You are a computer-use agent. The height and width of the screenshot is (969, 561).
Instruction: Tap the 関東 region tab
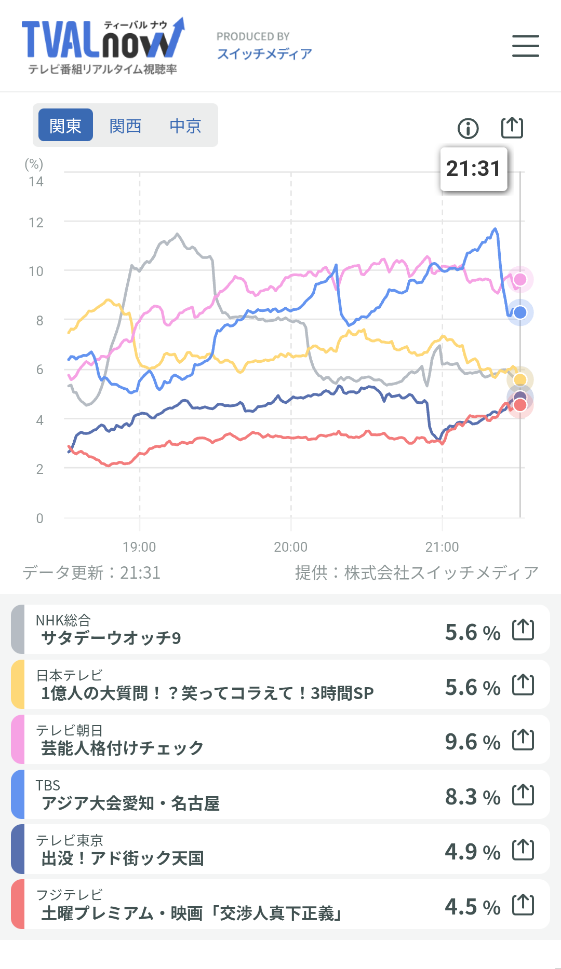coord(65,125)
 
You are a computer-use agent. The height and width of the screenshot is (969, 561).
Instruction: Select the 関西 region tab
coord(125,126)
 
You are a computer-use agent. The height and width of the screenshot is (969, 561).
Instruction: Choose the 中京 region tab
coord(185,126)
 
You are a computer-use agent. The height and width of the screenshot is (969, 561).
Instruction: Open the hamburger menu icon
coord(526,46)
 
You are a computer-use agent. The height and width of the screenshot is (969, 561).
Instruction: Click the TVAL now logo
coord(103,46)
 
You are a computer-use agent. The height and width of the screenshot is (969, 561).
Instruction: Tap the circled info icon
coord(468,128)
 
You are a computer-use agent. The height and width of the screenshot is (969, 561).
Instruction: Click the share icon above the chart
coord(512,127)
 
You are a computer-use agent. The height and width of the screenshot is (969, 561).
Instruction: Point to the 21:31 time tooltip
coord(474,169)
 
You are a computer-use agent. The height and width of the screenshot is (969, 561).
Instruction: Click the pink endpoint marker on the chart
coord(520,280)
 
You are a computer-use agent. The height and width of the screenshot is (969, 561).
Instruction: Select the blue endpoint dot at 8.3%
coord(520,312)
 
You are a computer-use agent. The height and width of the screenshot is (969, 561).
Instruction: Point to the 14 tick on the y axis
coord(36,182)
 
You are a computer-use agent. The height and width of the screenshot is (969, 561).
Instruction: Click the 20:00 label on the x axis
coord(291,547)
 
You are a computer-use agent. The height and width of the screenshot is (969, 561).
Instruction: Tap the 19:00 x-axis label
coord(139,547)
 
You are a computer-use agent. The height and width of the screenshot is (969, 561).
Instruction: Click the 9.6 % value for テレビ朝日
coord(473,742)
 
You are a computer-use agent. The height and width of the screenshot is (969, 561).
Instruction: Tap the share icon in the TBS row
coord(523,794)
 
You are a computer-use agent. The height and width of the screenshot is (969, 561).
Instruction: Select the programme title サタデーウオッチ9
coord(111,638)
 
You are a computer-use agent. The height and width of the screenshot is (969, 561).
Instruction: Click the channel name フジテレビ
coord(69,895)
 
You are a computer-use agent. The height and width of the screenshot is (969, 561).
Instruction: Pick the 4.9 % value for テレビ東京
coord(473,852)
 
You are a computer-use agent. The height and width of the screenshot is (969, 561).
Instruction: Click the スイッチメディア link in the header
coord(264,54)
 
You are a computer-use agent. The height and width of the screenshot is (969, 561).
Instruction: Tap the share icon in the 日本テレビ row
coord(523,685)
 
